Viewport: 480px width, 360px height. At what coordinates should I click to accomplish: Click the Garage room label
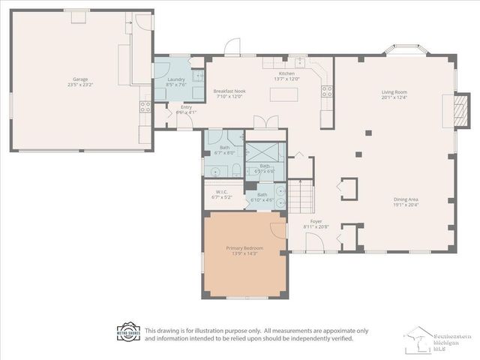(80, 81)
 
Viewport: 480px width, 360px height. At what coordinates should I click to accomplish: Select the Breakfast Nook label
(231, 93)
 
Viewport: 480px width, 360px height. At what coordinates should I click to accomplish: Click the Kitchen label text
(286, 76)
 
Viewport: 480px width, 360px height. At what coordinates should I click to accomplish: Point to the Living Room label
(394, 94)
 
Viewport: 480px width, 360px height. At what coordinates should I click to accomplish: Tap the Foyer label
(316, 223)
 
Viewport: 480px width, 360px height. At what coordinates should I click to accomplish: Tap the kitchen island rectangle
(283, 95)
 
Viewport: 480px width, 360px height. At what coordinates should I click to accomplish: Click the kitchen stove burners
(327, 91)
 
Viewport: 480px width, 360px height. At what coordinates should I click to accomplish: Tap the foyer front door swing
(313, 241)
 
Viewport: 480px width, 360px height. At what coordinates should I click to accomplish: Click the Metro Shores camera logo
(128, 332)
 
